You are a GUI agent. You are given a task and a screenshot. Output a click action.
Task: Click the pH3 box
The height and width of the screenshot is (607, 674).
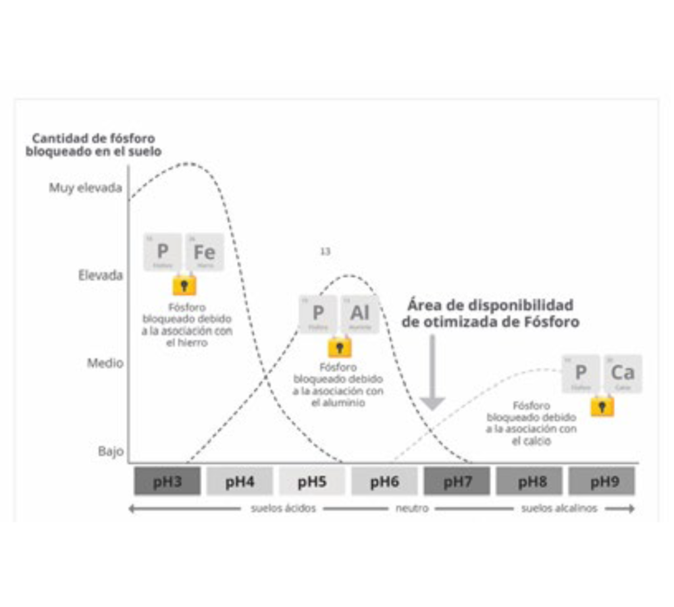coord(167,481)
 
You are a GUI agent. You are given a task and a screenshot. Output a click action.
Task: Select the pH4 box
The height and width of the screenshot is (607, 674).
coord(240,481)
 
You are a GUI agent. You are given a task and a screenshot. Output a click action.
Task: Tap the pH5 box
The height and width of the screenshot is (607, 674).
coord(312,481)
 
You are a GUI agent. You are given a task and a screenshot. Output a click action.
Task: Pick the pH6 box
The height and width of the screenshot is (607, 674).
coord(384,481)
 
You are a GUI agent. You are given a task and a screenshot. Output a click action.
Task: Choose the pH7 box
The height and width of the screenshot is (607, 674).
coord(457,481)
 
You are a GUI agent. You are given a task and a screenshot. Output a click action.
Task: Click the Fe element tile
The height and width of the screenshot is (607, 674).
coord(204,252)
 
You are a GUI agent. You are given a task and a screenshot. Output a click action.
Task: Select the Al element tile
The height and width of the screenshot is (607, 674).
coord(360,313)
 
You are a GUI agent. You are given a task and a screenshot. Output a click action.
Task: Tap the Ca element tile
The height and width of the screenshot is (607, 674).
coord(622,373)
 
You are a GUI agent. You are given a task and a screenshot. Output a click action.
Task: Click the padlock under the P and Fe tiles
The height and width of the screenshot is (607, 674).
coord(184,285)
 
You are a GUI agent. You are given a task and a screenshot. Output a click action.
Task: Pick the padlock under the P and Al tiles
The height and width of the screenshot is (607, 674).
coord(340,347)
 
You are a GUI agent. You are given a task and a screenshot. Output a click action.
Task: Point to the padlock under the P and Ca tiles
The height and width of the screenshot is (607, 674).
coord(602,406)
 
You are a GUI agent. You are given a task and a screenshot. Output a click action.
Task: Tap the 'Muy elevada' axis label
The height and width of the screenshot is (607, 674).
coord(86,188)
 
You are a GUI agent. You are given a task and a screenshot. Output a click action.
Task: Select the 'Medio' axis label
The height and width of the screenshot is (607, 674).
coord(105,363)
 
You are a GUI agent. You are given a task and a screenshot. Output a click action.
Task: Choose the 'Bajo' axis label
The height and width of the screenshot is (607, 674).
coord(111,452)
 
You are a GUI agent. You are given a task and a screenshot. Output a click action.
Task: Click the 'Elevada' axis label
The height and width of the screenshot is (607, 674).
coord(101,275)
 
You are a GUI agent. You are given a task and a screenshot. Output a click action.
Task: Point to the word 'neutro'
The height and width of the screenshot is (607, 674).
coord(412,508)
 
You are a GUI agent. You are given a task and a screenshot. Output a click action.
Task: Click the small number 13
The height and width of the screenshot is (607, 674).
coord(325,251)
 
